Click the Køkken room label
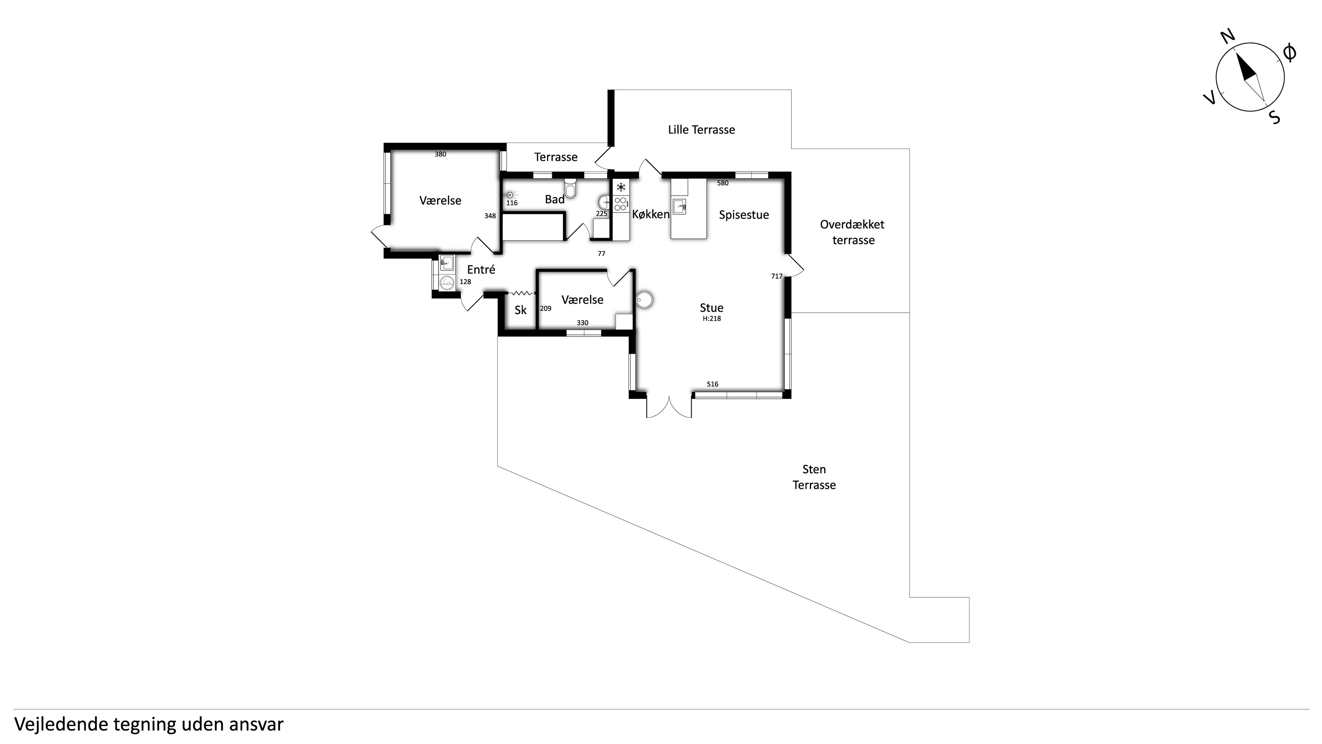click(651, 215)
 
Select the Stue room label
click(711, 308)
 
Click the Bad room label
click(555, 199)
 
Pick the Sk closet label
click(521, 310)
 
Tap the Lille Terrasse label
click(701, 130)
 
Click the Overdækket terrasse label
click(852, 232)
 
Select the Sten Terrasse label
click(814, 477)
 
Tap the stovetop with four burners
click(620, 204)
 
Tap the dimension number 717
click(776, 276)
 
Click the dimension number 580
click(723, 183)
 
